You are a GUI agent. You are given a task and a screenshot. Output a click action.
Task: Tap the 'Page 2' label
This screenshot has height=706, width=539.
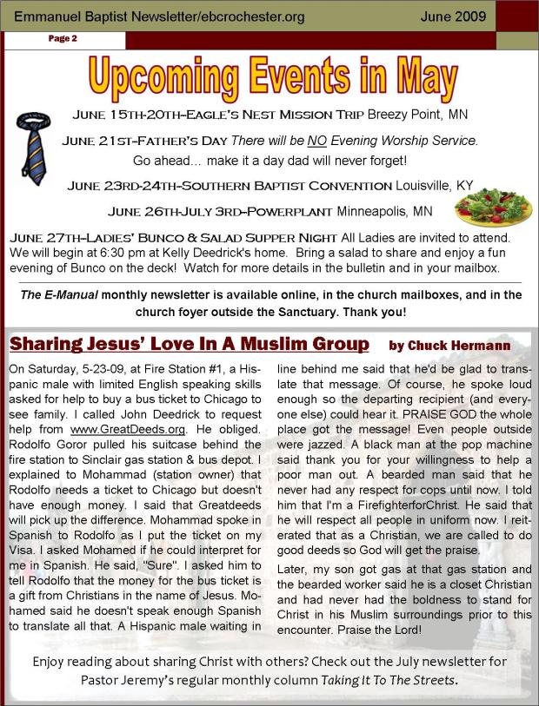click(63, 39)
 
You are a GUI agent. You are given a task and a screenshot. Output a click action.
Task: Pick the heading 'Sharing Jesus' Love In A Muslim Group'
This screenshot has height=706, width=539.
click(189, 344)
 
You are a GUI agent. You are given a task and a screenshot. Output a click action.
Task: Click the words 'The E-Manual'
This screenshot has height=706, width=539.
click(58, 295)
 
